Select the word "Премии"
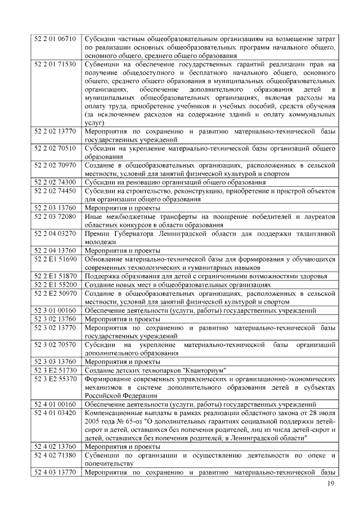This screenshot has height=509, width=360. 97,233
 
